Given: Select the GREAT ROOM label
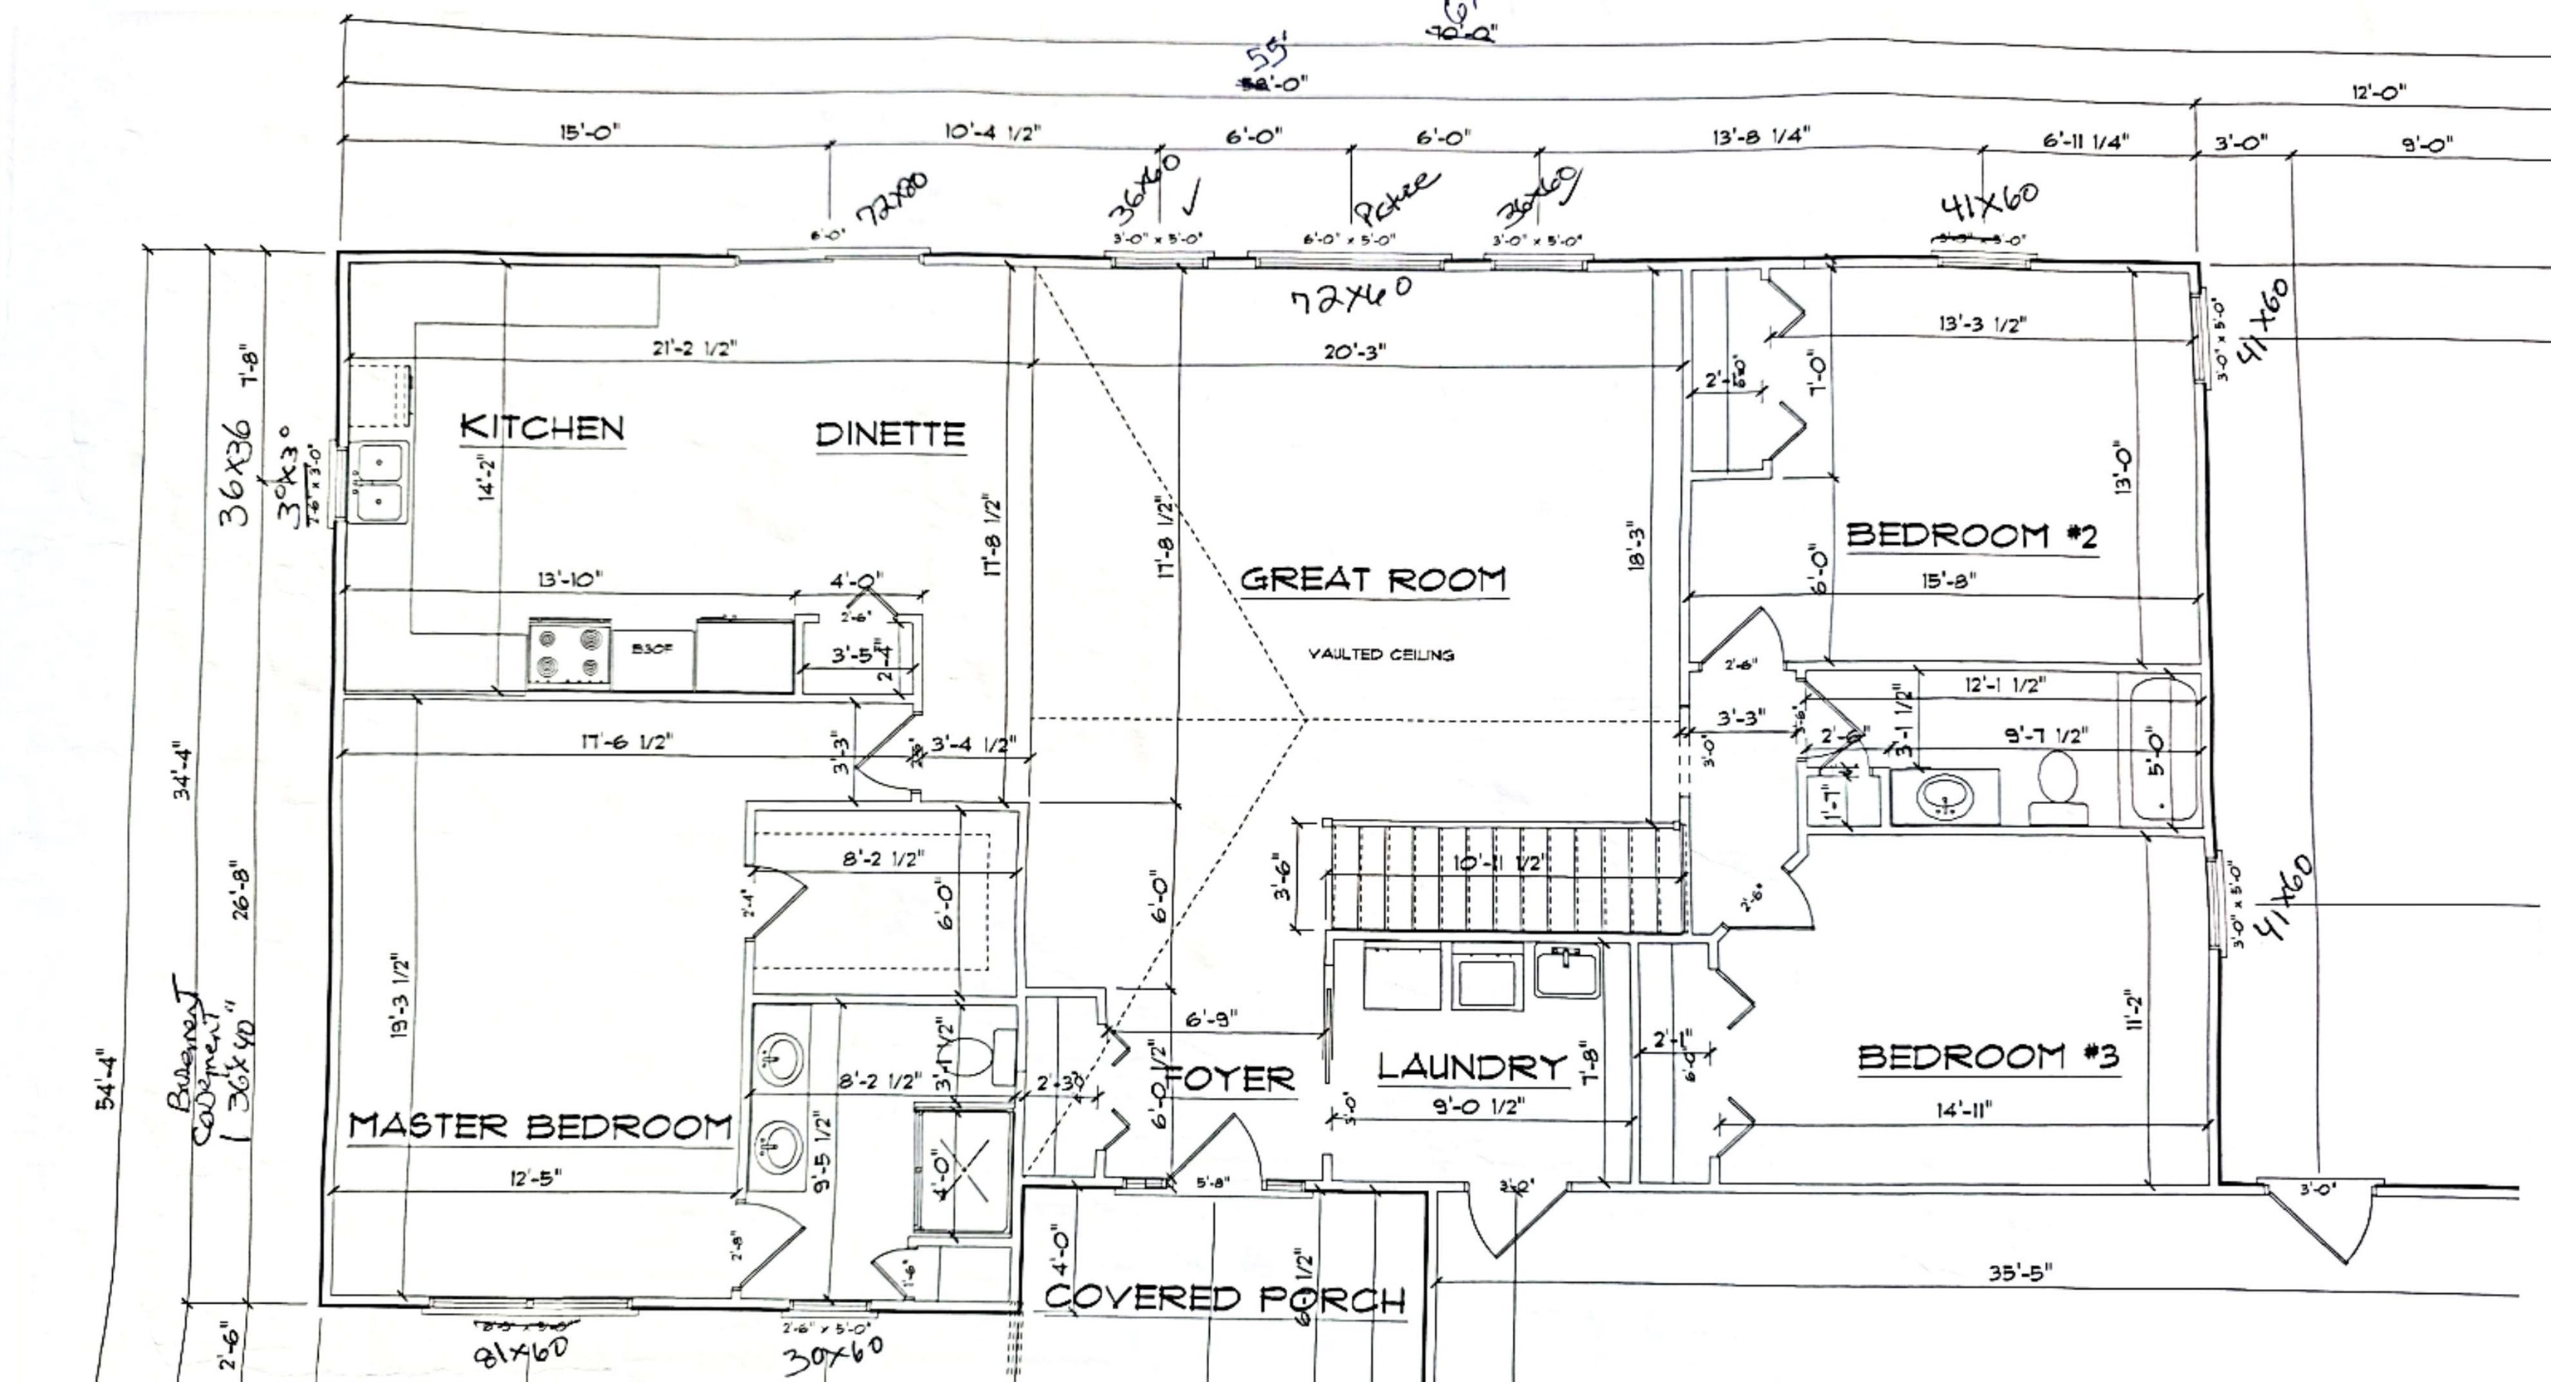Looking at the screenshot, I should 1373,580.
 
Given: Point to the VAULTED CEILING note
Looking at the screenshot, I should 1380,654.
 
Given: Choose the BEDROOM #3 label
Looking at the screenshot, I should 1987,1057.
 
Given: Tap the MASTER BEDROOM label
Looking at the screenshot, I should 540,1126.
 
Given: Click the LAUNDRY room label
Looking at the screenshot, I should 1472,1067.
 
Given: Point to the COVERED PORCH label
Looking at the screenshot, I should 1225,1298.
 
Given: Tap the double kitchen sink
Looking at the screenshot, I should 381,483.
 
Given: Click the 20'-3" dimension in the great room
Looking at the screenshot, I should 1354,351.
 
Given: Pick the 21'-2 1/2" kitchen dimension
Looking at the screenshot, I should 694,348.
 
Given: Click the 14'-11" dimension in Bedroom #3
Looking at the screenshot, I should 1964,1110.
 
